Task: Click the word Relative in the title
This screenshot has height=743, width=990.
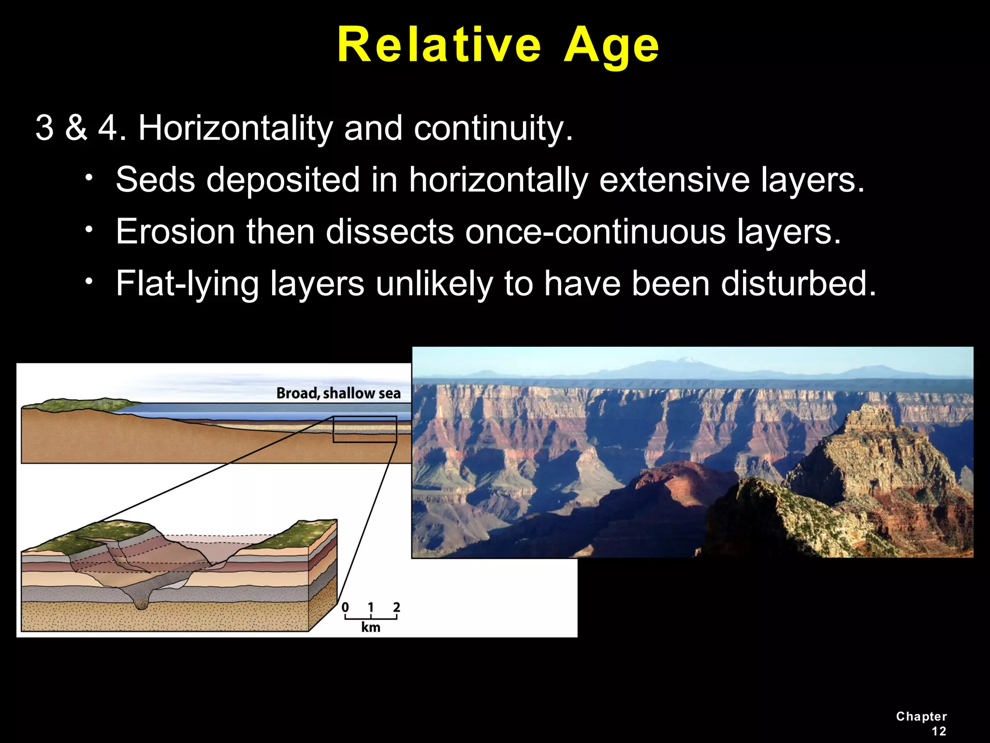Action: click(439, 45)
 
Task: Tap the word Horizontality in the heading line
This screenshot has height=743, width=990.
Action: click(235, 128)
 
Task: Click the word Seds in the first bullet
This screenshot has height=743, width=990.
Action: click(155, 180)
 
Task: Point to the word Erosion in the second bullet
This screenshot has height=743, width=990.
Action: click(175, 232)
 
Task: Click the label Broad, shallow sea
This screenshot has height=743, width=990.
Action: click(338, 393)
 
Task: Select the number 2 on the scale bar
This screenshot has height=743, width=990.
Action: click(396, 607)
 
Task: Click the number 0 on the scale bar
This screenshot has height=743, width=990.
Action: click(345, 607)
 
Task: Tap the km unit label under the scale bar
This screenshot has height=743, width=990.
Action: click(371, 627)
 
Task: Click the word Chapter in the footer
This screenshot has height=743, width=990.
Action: click(921, 716)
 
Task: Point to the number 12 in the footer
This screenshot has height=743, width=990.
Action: click(939, 731)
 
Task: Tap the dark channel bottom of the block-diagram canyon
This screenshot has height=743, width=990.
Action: click(141, 604)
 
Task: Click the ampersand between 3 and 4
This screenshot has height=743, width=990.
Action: click(76, 128)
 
